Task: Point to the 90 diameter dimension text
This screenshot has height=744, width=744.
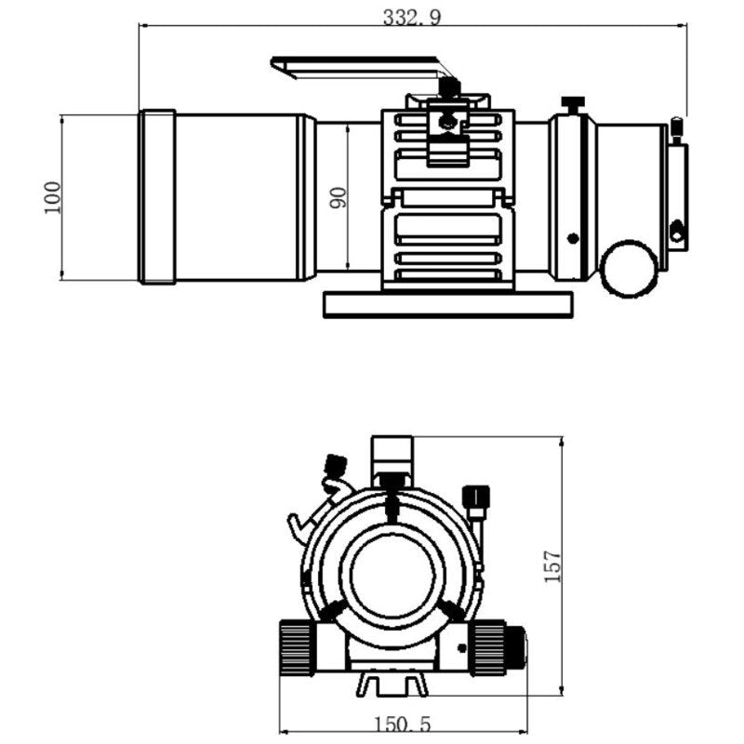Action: (x=338, y=197)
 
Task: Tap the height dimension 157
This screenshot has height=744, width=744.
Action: (x=552, y=565)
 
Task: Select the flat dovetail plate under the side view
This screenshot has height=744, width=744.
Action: (x=447, y=304)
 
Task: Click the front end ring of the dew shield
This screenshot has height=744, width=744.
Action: (x=157, y=197)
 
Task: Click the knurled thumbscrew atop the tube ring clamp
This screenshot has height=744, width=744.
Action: (x=450, y=86)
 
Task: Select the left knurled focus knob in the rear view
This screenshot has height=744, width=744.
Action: (x=295, y=646)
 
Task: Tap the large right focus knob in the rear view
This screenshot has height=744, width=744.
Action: (x=489, y=646)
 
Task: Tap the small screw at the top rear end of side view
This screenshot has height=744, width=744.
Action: (x=677, y=126)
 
